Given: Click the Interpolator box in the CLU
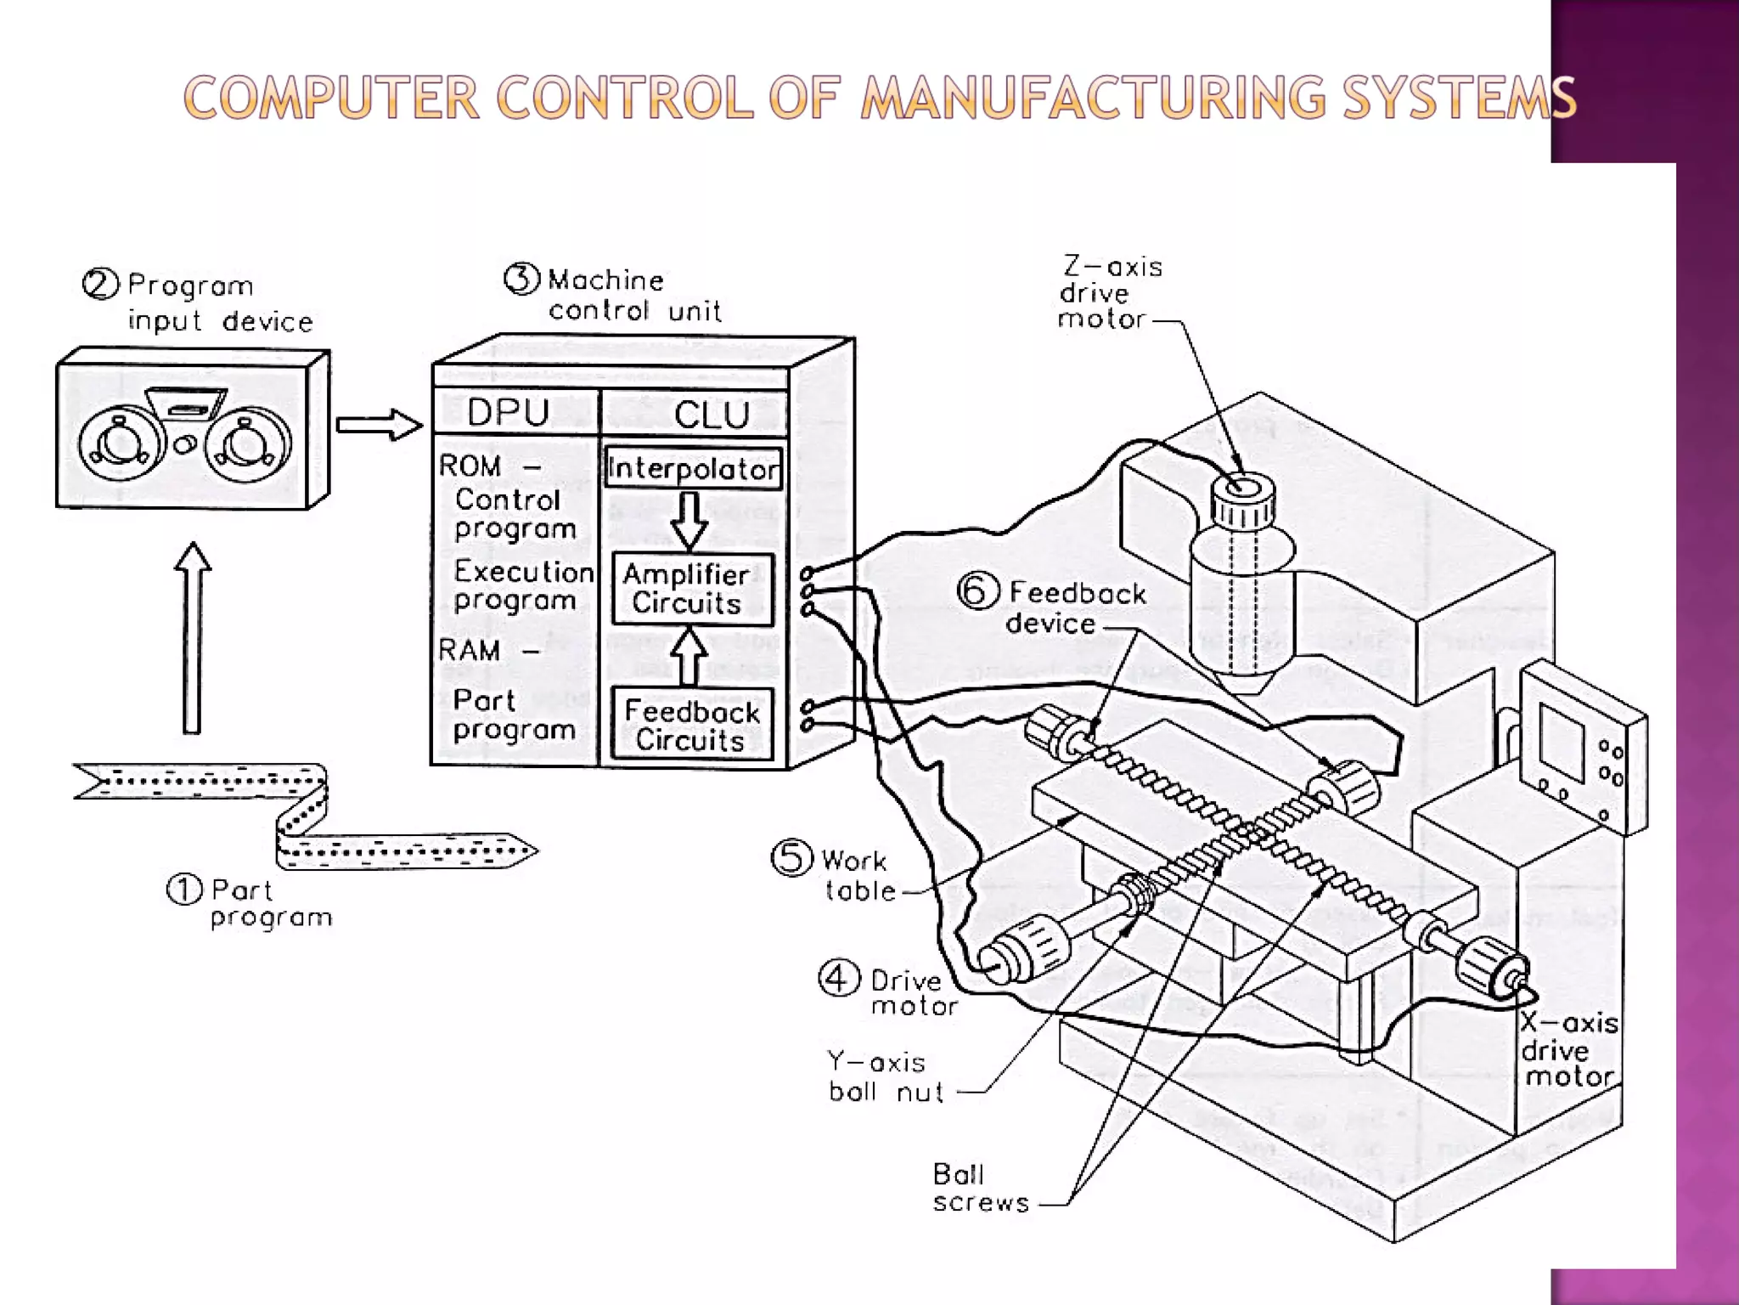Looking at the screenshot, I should coord(693,468).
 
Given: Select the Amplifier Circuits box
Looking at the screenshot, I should coord(692,589).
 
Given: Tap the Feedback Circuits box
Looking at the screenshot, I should coord(692,725).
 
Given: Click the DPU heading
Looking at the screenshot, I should coord(508,413).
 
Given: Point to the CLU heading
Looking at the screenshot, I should coord(712,415).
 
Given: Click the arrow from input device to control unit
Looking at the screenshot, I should coord(379,425).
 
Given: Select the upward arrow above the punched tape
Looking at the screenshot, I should coord(193,638).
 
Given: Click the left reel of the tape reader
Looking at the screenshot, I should coord(121,444).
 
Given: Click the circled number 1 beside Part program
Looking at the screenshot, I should coord(184,890).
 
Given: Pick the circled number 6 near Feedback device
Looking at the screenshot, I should coord(977,591).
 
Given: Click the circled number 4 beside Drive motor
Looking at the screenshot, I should coord(837,979).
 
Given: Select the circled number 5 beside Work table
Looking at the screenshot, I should coord(791,858).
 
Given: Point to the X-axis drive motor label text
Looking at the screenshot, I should coord(1567,1050).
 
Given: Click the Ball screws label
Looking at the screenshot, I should coord(980,1188).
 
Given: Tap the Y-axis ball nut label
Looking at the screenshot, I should coord(885,1077).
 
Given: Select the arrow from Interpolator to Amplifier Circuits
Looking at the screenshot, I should coord(689,520).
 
